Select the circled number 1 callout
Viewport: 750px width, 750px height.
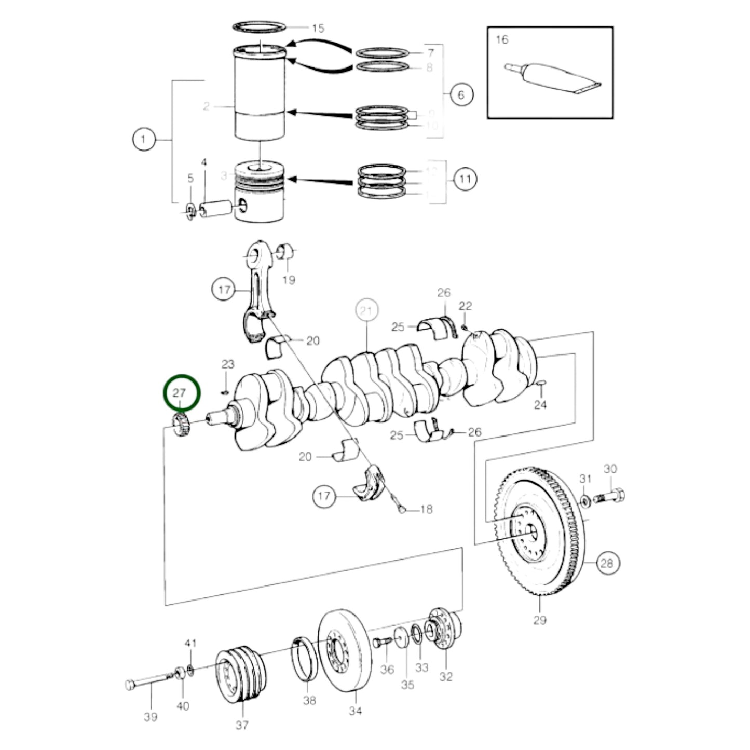pos(144,140)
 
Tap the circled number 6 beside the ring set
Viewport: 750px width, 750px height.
pos(461,94)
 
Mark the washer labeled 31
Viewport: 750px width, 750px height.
pos(585,501)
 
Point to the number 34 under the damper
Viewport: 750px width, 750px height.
pos(355,711)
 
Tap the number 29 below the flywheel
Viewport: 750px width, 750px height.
pos(539,620)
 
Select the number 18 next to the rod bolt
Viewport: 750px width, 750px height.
pos(426,509)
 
